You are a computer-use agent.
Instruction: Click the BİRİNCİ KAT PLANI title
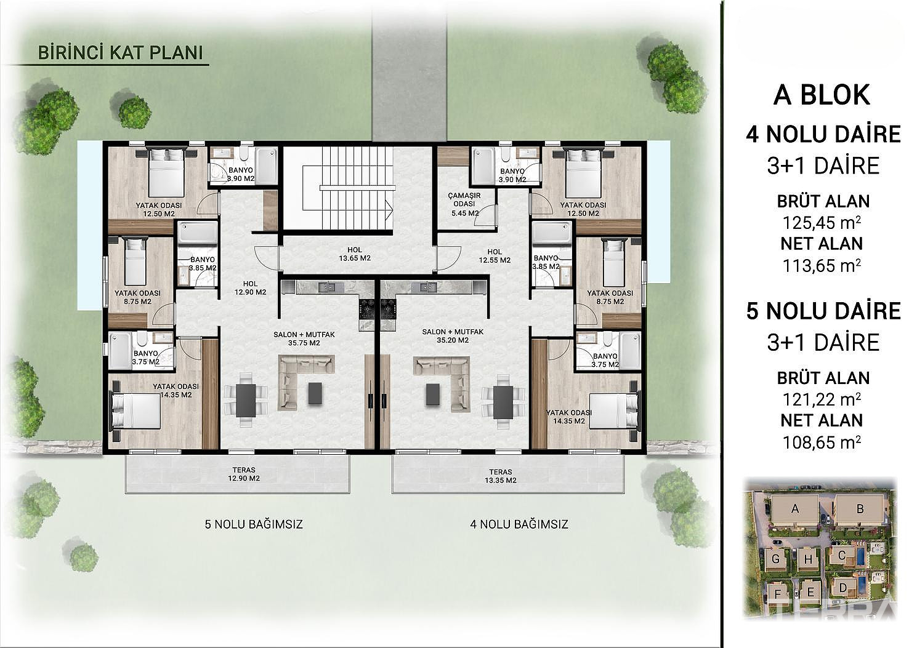coord(120,53)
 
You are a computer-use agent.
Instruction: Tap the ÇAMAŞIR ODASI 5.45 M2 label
coord(464,204)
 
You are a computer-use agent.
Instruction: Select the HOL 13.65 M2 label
coord(355,254)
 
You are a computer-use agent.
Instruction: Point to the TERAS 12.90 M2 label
coord(244,474)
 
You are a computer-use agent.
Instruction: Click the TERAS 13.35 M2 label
coord(500,476)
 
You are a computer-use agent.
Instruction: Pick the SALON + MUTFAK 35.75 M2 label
coord(304,338)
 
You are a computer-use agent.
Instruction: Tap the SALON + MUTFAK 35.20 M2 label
coord(453,336)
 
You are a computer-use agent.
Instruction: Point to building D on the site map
coord(842,588)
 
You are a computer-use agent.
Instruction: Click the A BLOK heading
coord(822,95)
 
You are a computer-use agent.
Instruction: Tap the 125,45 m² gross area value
coord(822,223)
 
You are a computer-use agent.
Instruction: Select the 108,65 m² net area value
coord(822,442)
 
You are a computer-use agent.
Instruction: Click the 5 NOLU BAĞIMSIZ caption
coord(254,524)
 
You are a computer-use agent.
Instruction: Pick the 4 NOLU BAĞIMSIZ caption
coord(519,524)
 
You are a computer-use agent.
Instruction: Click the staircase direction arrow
coord(389,209)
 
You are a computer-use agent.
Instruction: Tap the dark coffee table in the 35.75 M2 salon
coord(315,393)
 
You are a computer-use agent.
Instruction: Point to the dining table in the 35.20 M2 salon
coord(503,402)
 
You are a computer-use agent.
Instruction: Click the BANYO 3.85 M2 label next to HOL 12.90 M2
coord(203,263)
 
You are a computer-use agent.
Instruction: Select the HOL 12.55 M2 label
coord(495,256)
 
